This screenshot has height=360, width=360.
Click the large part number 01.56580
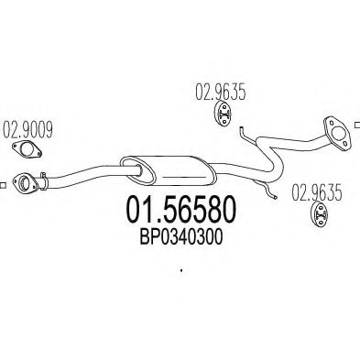click(180, 210)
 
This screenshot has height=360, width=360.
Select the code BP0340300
click(180, 237)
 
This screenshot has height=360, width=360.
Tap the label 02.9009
click(27, 130)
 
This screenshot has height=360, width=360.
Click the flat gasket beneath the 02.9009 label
click(27, 149)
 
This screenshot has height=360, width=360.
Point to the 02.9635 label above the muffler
click(221, 93)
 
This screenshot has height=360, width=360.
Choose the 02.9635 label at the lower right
click(317, 192)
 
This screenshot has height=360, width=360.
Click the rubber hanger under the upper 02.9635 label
click(223, 115)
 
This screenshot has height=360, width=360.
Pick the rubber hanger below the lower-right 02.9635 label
click(319, 214)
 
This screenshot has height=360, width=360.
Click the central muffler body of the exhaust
click(168, 169)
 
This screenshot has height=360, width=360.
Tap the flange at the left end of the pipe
click(25, 183)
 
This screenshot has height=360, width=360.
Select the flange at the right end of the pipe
click(337, 132)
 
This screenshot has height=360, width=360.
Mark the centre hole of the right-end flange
click(338, 132)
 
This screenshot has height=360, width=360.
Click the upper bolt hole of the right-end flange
click(332, 122)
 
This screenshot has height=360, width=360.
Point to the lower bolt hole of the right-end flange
click(344, 143)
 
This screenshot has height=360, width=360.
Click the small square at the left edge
click(3, 185)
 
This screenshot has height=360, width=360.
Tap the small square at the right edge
click(357, 125)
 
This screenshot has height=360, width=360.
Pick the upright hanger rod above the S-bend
click(246, 136)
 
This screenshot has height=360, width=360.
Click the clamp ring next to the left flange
click(44, 180)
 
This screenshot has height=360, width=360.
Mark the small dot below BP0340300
click(181, 270)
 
